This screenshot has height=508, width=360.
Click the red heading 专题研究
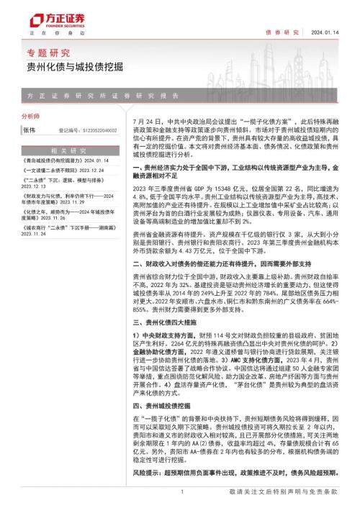click(45, 53)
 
